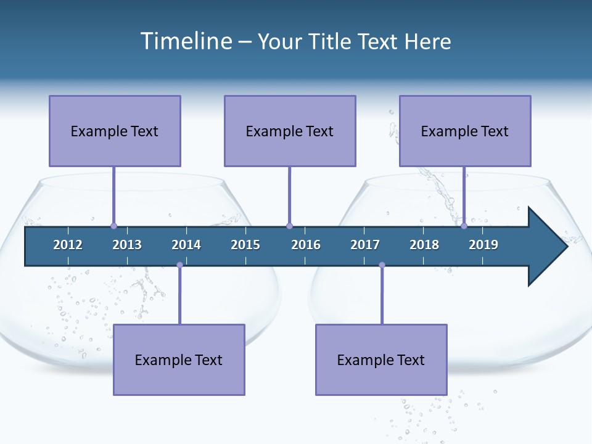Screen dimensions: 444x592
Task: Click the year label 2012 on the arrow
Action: (x=68, y=245)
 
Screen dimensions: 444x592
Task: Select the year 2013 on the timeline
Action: (x=127, y=245)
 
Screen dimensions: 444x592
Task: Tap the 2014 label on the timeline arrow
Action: (x=186, y=245)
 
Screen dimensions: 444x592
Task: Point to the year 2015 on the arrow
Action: (x=245, y=245)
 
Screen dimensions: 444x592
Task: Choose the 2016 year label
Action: (x=306, y=245)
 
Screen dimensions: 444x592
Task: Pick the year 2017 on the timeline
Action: (x=365, y=245)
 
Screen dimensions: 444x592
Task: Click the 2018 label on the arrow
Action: (x=424, y=245)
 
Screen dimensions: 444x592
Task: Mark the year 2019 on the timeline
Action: (x=483, y=245)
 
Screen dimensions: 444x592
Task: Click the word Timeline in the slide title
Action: (x=186, y=41)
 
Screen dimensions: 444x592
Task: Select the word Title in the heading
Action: (x=331, y=41)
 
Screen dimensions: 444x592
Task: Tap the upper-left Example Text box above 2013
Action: (x=115, y=131)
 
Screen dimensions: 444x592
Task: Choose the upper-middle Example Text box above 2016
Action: (x=290, y=131)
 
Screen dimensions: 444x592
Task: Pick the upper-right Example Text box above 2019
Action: (x=465, y=131)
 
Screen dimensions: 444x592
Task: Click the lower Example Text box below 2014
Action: (x=179, y=360)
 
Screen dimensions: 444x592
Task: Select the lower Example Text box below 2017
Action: (x=381, y=360)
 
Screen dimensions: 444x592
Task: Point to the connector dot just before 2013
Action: (x=113, y=226)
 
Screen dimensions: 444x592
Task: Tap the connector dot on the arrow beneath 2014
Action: (x=179, y=265)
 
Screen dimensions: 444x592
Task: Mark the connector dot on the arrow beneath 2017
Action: (x=382, y=265)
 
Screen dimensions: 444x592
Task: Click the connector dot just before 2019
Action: (x=464, y=226)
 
